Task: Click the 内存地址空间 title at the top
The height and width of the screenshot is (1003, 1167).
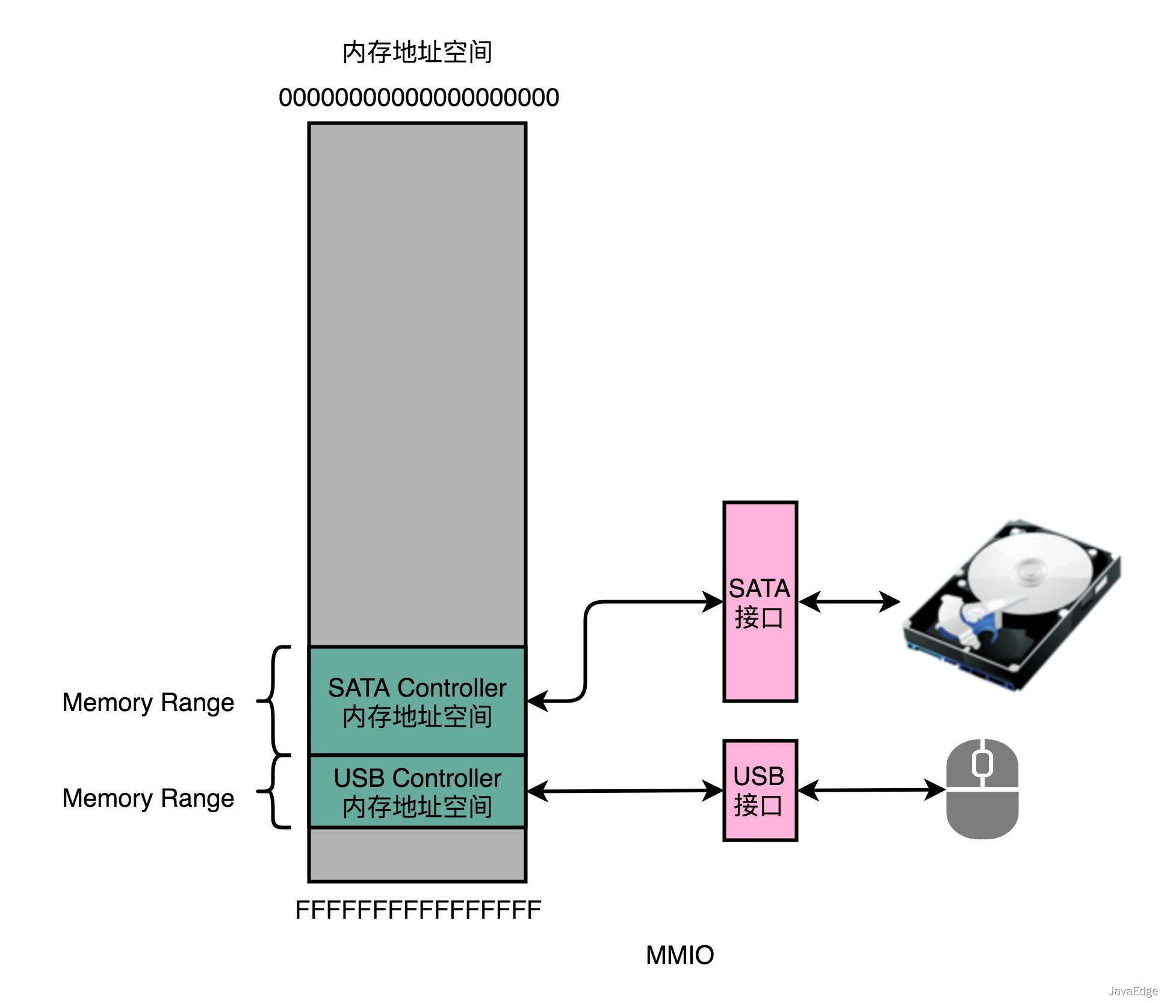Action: coord(417,52)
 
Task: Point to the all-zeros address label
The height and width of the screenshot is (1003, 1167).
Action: coord(419,98)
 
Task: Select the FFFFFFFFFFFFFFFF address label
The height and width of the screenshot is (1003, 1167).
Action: coord(418,910)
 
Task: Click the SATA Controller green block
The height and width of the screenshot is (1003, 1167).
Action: coord(417,701)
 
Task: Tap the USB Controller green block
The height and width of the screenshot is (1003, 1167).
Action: coord(417,792)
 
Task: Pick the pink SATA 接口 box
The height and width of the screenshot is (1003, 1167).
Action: coord(760,602)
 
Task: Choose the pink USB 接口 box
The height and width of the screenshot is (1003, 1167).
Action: coord(760,790)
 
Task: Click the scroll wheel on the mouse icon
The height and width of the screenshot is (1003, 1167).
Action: coord(982,763)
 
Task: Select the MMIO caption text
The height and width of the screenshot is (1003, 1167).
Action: coord(679,955)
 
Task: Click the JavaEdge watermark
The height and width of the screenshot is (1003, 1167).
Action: coord(1133,991)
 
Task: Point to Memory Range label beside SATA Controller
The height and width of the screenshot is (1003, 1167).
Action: coord(148,702)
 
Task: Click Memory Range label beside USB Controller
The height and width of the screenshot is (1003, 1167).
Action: coord(148,798)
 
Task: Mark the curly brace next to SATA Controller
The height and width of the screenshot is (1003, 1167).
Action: coord(274,701)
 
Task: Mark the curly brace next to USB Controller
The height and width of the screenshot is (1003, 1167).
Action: coord(274,792)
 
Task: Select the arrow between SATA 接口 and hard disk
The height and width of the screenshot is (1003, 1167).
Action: coord(849,601)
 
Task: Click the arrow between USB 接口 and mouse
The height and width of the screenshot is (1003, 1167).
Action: coord(871,790)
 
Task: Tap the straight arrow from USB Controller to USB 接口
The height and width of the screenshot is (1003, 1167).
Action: coord(624,791)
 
